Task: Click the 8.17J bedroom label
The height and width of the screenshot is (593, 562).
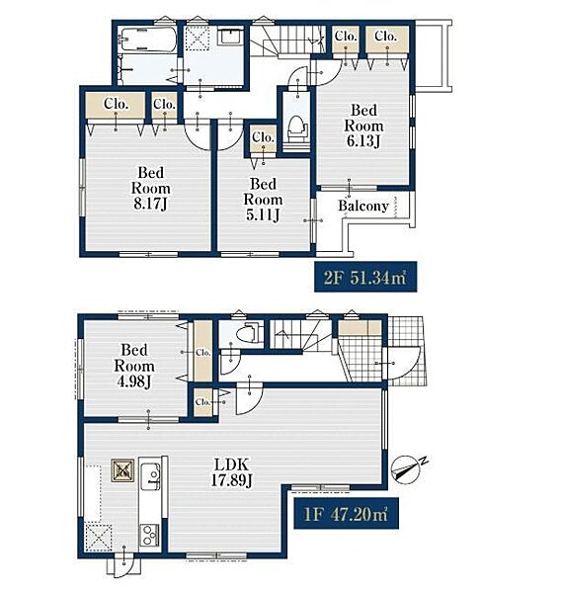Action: [x=150, y=188]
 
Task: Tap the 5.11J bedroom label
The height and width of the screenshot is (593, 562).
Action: [x=263, y=200]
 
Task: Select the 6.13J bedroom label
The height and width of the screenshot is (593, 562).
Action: [x=363, y=126]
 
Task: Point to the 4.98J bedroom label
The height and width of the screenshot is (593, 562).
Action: [x=134, y=366]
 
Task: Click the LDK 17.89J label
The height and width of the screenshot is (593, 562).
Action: [x=231, y=471]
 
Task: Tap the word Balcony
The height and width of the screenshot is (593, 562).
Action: [x=363, y=207]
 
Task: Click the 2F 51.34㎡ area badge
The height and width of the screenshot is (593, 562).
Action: [x=365, y=277]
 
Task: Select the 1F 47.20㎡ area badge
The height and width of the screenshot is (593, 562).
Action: [x=346, y=513]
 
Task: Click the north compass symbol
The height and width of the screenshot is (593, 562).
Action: [x=408, y=467]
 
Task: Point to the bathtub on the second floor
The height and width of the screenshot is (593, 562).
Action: [x=146, y=39]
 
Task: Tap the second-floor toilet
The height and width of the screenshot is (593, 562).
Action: [x=298, y=128]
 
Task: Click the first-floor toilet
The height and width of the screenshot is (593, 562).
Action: [x=249, y=333]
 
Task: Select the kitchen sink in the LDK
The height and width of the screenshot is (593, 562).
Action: [x=150, y=476]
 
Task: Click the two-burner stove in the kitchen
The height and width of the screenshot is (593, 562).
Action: [x=150, y=535]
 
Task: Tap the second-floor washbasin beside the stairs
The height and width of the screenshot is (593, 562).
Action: [x=229, y=37]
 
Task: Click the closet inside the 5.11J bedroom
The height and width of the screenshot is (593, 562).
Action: [x=264, y=137]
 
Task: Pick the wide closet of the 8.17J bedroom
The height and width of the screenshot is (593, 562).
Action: [x=116, y=105]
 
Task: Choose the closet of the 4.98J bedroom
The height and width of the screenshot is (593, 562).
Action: [x=202, y=352]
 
